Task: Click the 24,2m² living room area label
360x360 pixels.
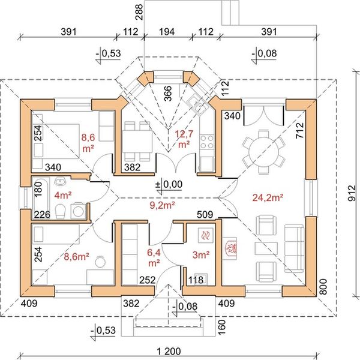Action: (268, 197)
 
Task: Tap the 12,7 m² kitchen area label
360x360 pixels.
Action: (184, 139)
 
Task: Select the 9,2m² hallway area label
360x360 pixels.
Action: (163, 205)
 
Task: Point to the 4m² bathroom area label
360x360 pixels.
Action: (63, 195)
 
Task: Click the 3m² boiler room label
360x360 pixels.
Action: (201, 254)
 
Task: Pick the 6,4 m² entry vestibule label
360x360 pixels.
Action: (154, 257)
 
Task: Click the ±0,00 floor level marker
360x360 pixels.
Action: (169, 185)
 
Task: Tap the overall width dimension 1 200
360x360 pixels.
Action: (169, 351)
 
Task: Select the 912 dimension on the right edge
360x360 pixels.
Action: (352, 193)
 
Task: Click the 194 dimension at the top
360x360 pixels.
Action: (167, 32)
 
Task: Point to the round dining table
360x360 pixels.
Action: (263, 152)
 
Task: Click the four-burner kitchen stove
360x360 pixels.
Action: (207, 142)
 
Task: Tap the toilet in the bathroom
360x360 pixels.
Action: (61, 211)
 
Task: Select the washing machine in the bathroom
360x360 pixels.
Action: (78, 210)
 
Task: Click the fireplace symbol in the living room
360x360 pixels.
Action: (230, 248)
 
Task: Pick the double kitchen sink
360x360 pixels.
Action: (197, 105)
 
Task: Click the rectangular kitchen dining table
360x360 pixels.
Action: (137, 141)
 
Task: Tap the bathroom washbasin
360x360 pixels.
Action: (61, 181)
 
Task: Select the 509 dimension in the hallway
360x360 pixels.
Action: (205, 215)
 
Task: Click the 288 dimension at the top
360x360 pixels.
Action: (139, 12)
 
